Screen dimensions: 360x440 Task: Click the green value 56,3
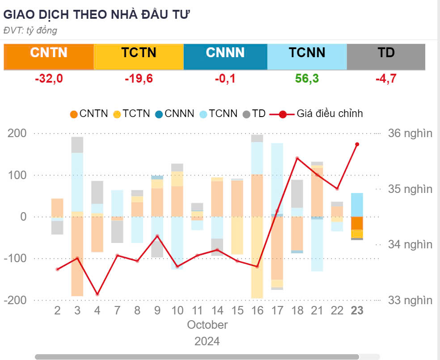tap(307, 79)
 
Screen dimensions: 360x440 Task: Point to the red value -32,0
tap(49, 79)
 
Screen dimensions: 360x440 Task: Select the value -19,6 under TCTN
tap(139, 79)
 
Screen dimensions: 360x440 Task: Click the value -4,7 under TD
tap(386, 79)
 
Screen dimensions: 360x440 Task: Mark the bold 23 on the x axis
tap(357, 311)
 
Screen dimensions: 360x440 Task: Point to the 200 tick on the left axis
tap(17, 133)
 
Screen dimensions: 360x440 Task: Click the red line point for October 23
tap(357, 144)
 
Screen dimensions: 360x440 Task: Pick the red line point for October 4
tap(97, 294)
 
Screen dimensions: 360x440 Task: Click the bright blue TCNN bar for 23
tap(357, 205)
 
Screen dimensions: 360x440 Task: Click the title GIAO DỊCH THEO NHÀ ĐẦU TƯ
tap(97, 14)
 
